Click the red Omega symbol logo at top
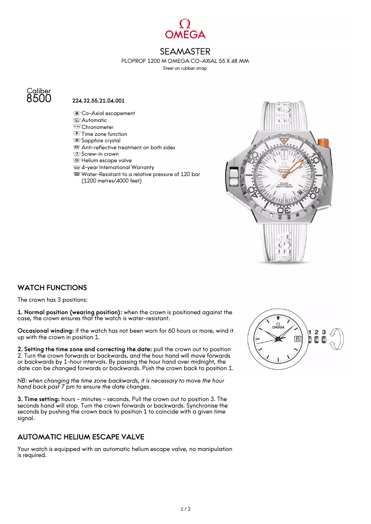(x=185, y=24)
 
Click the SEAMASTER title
(x=185, y=51)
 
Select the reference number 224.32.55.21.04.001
(x=99, y=100)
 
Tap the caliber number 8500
(x=39, y=98)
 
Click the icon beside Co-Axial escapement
(x=77, y=113)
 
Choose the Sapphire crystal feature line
(x=101, y=140)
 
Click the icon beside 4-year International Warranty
(x=77, y=167)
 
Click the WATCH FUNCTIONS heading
(x=52, y=288)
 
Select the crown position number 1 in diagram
(x=310, y=332)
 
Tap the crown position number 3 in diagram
(x=324, y=332)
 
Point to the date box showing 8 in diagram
(x=297, y=339)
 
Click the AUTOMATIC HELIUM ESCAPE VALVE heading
(x=80, y=437)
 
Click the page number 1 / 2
(x=185, y=509)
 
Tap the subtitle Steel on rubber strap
(x=185, y=68)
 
